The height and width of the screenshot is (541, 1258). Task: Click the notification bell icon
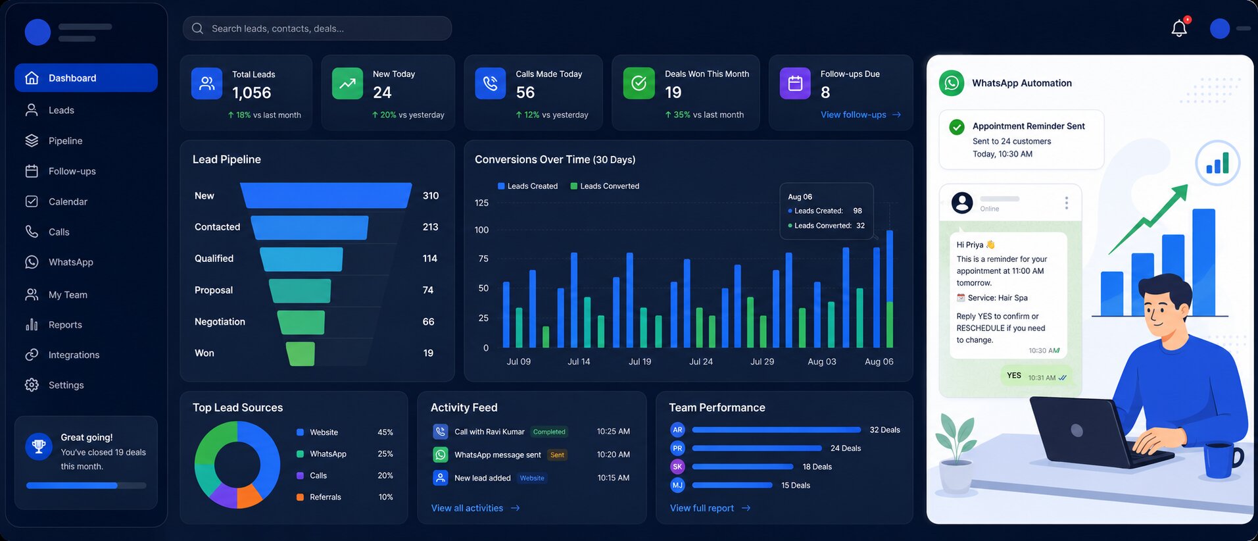pyautogui.click(x=1179, y=28)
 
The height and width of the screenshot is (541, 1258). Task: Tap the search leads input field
pyautogui.click(x=317, y=28)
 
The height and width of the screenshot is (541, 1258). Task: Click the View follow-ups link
pyautogui.click(x=861, y=115)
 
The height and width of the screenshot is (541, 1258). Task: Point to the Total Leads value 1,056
pyautogui.click(x=252, y=93)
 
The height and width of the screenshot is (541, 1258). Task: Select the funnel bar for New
pyautogui.click(x=326, y=195)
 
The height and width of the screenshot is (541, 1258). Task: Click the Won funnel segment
pyautogui.click(x=301, y=353)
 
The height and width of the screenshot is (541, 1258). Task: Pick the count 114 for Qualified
pyautogui.click(x=430, y=259)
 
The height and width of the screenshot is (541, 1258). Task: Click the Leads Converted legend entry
pyautogui.click(x=605, y=186)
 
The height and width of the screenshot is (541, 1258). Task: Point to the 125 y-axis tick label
pyautogui.click(x=482, y=203)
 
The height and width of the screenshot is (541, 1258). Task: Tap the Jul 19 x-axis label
pyautogui.click(x=640, y=361)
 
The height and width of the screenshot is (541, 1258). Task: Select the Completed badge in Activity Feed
pyautogui.click(x=549, y=432)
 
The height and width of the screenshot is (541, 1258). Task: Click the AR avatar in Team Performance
pyautogui.click(x=677, y=430)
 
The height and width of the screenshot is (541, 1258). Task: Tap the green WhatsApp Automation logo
pyautogui.click(x=952, y=83)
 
